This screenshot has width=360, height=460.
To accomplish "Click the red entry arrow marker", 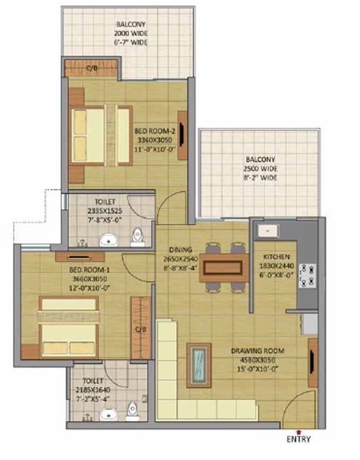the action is pos(299,432).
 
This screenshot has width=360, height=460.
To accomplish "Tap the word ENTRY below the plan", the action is pos(299,439).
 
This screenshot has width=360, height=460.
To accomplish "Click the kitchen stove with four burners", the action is pos(307,275).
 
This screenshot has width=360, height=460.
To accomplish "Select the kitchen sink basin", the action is pos(267,231).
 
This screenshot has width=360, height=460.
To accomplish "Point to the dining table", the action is pos(224,268).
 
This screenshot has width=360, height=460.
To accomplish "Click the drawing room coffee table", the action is pos(199,365).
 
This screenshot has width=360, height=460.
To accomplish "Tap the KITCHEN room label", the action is pos(277,257).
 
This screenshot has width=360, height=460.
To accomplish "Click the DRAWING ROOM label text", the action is pos(257,351).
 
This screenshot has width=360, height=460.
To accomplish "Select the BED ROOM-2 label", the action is pos(155,131).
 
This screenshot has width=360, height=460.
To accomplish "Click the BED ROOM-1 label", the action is pos(89,270).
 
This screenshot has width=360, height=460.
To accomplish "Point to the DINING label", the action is pos(180,250).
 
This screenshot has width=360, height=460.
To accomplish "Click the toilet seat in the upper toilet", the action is pos(137,237).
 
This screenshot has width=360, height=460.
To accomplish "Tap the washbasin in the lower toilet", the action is pos(108,415).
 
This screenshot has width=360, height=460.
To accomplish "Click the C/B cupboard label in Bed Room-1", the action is pos(140,329).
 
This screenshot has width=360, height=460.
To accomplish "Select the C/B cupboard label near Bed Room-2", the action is pos(92,68).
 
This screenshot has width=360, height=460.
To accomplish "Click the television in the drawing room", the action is pos(312,363).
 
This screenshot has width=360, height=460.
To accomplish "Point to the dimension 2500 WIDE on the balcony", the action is pos(260,169).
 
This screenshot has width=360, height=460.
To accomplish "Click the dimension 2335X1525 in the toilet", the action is pos(105,211).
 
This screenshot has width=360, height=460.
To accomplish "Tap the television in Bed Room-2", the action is pos(182,135).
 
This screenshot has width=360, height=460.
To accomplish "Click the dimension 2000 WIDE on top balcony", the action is pos(130,33).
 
